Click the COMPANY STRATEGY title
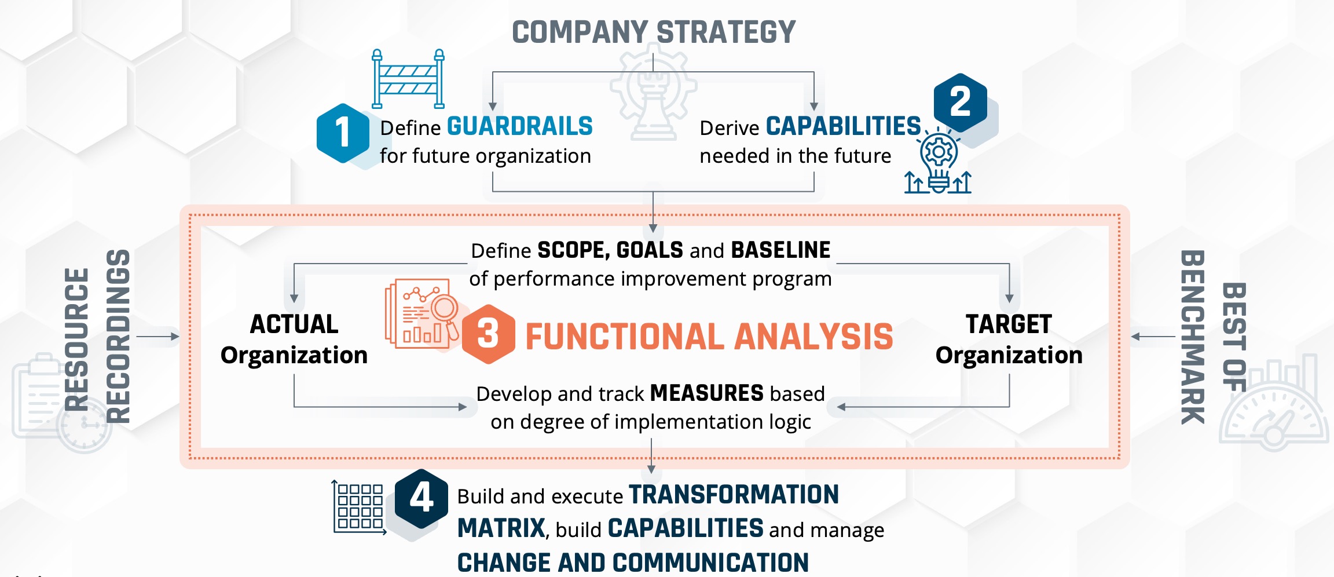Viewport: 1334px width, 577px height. pyautogui.click(x=654, y=32)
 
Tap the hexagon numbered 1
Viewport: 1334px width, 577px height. pyautogui.click(x=343, y=133)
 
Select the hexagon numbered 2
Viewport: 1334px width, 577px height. pyautogui.click(x=960, y=103)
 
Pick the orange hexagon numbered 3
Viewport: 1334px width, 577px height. pyautogui.click(x=488, y=334)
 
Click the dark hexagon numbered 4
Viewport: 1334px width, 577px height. pyautogui.click(x=421, y=498)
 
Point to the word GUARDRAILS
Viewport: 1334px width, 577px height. pyautogui.click(x=520, y=126)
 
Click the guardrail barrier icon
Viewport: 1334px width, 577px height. pyautogui.click(x=408, y=79)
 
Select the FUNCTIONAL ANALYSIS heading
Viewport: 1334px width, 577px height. pyautogui.click(x=709, y=337)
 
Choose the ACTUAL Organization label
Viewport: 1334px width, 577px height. pyautogui.click(x=294, y=339)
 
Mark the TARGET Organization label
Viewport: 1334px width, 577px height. pyautogui.click(x=1009, y=339)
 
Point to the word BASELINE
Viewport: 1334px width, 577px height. pyautogui.click(x=781, y=250)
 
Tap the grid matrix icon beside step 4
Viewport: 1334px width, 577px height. pyautogui.click(x=359, y=507)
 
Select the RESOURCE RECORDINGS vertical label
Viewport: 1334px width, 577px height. pyautogui.click(x=97, y=337)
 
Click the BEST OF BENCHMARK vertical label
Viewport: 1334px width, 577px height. pyautogui.click(x=1213, y=337)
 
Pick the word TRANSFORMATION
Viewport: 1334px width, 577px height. pyautogui.click(x=734, y=495)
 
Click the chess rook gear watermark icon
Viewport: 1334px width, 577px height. pyautogui.click(x=654, y=96)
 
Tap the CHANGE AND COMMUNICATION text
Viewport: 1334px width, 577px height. pyautogui.click(x=633, y=563)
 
